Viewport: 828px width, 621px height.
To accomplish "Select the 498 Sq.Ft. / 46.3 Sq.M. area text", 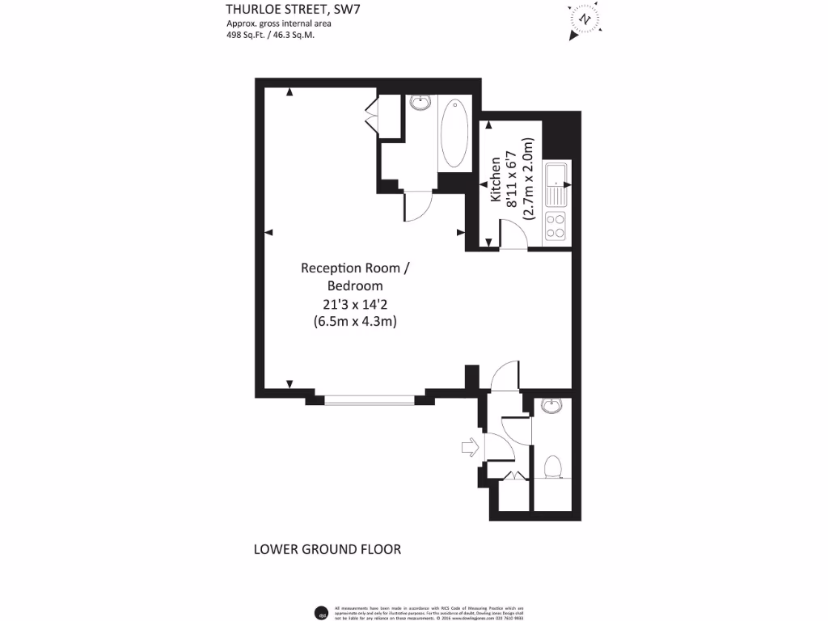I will click(x=270, y=35).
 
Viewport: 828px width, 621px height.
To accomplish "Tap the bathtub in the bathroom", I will click(x=454, y=133).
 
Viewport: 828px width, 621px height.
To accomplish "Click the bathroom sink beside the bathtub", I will click(x=420, y=103).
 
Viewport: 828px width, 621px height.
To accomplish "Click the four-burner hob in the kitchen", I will click(x=556, y=226).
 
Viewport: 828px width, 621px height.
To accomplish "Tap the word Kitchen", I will click(x=495, y=179).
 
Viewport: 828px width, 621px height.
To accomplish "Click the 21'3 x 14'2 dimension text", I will click(x=355, y=304).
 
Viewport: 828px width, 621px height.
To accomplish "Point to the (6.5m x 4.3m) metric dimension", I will click(x=355, y=321).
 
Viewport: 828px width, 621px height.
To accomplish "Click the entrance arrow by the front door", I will click(x=469, y=446).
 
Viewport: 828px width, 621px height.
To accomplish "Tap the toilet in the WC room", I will click(x=553, y=467).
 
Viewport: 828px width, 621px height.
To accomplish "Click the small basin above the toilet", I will click(x=552, y=406).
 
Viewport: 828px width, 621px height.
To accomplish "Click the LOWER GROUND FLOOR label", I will click(x=327, y=550).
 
